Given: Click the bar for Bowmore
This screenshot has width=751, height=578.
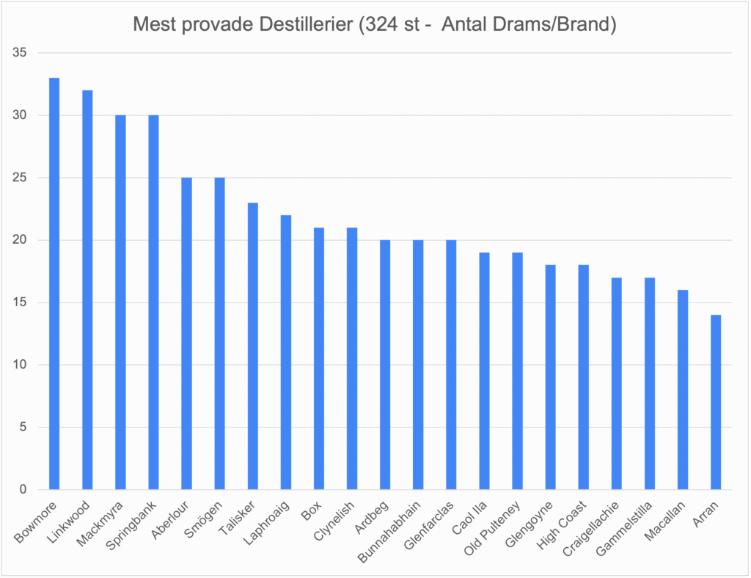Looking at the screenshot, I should click(x=54, y=283).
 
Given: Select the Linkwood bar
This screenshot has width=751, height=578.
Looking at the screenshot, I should click(x=87, y=290).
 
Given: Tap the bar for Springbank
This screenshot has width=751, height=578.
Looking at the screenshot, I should click(x=153, y=303).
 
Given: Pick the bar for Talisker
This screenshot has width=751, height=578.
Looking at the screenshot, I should click(x=252, y=346).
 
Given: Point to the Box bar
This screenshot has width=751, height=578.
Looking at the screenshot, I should click(x=319, y=358).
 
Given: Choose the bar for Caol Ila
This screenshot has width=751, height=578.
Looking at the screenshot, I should click(x=484, y=371).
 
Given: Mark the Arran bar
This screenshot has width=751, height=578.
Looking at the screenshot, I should click(x=716, y=402).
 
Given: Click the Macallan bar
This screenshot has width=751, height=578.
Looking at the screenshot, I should click(x=683, y=390).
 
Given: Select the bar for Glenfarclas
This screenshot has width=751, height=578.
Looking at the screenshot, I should click(x=451, y=365).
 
